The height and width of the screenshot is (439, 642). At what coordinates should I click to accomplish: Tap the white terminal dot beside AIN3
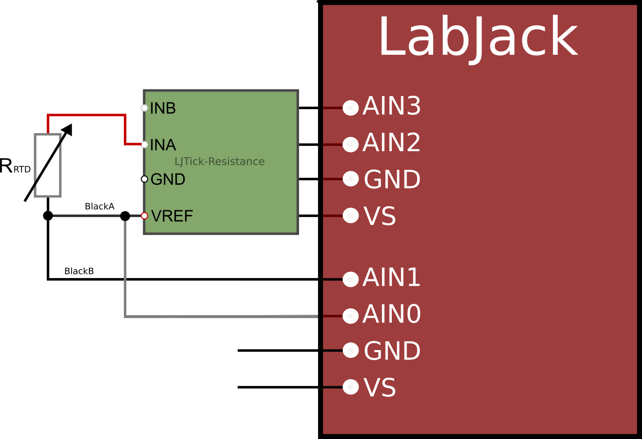(x=350, y=108)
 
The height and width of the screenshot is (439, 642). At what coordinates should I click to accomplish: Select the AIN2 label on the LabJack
(x=391, y=143)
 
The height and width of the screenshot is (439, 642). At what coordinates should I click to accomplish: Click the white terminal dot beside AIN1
(x=350, y=279)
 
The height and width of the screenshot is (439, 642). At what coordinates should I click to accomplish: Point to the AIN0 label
(x=391, y=314)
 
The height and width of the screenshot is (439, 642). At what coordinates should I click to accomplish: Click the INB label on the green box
(x=163, y=109)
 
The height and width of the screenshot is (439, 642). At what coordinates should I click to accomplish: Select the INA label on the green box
(x=163, y=145)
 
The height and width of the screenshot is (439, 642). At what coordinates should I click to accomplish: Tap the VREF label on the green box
(x=172, y=217)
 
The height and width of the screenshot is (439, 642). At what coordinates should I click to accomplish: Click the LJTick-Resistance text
(x=219, y=162)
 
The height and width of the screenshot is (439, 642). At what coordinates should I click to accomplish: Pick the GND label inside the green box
(x=168, y=180)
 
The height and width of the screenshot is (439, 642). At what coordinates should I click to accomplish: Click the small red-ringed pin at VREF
(x=144, y=216)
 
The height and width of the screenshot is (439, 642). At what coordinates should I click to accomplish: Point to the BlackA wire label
(x=99, y=206)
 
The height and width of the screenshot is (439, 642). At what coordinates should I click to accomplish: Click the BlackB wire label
(x=79, y=271)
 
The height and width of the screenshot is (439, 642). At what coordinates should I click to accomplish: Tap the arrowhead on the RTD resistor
(x=68, y=129)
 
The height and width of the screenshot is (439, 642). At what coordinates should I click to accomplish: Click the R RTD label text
(x=15, y=166)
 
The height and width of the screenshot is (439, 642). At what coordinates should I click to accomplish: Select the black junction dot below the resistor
(x=48, y=216)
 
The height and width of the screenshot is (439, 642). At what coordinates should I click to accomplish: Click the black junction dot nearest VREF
(x=125, y=216)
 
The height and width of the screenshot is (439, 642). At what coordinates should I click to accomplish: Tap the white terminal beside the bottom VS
(x=350, y=387)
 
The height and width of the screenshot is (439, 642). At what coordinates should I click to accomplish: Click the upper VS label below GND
(x=380, y=217)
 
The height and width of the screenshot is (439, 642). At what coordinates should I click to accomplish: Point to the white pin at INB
(x=144, y=108)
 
